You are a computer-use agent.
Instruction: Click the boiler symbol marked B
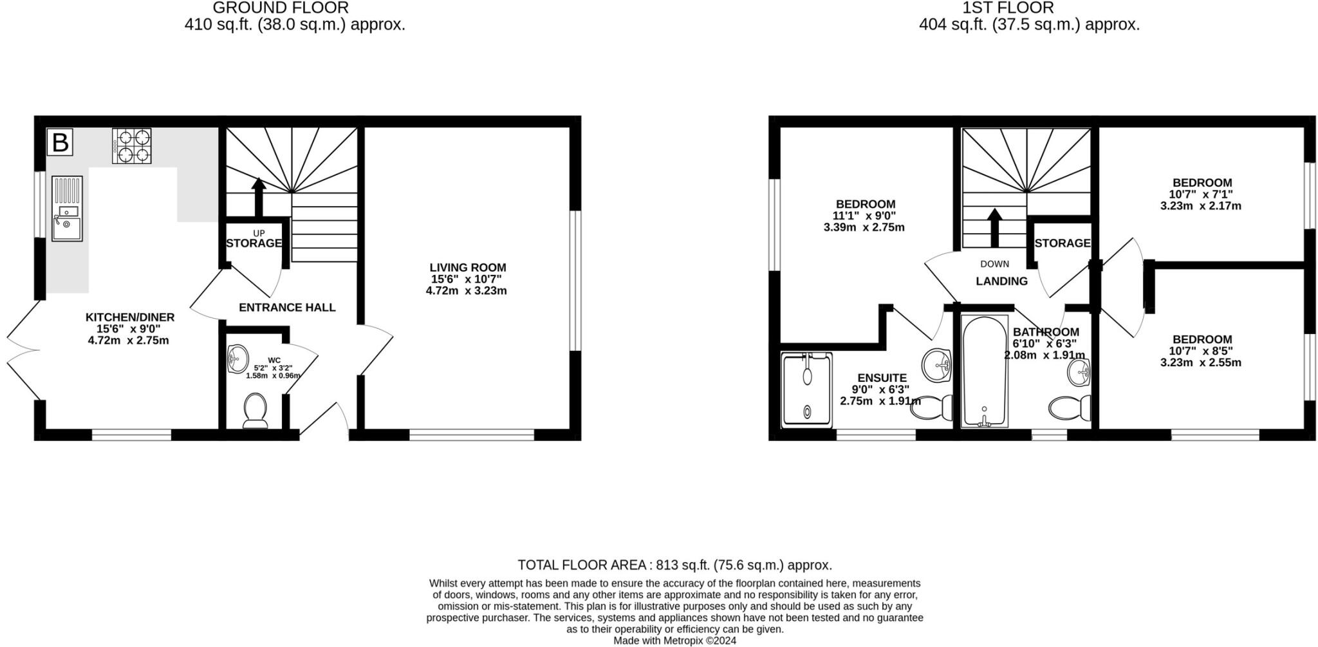[60, 142]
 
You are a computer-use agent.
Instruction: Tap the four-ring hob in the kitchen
[132, 146]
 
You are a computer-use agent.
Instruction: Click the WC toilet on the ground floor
[255, 410]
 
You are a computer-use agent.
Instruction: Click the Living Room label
[468, 267]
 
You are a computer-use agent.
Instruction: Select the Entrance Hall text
[287, 308]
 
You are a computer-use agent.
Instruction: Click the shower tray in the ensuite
[806, 389]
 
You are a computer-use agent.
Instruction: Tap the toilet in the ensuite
[933, 407]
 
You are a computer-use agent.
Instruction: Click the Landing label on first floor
[1001, 281]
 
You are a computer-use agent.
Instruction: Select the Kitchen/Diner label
[130, 317]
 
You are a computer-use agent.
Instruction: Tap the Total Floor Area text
[674, 565]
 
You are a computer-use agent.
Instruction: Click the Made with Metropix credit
[674, 641]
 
